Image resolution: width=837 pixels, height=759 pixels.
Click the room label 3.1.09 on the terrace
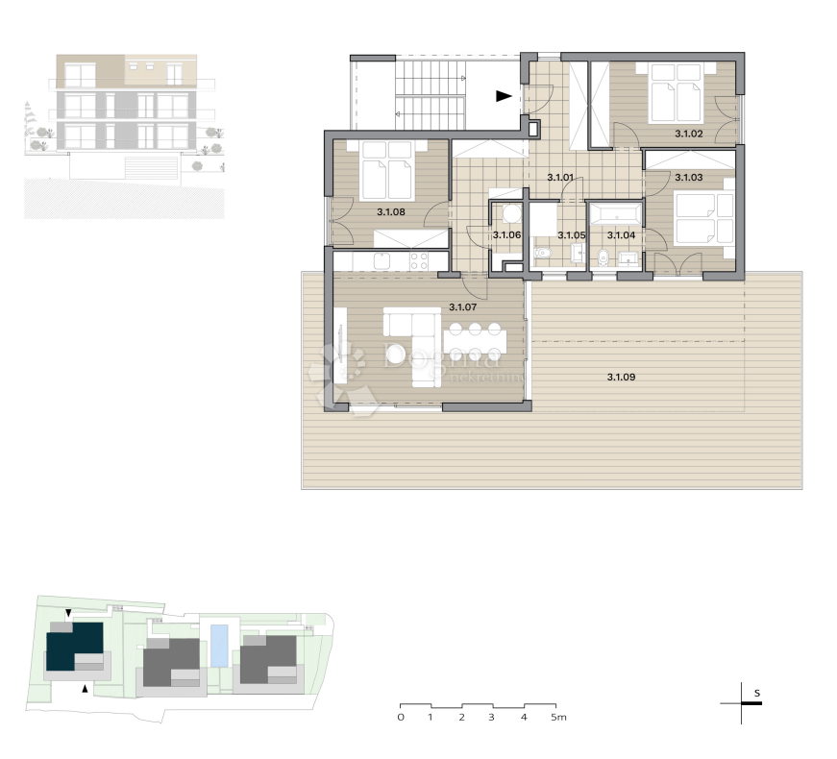pos(622,378)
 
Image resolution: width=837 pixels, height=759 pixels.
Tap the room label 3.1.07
pos(463,307)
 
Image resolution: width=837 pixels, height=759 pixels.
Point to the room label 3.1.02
pos(690,135)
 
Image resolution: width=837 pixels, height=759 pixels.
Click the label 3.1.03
pos(690,178)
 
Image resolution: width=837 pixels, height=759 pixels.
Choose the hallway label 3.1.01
pos(560,178)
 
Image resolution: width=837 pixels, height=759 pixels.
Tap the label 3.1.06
pos(506,234)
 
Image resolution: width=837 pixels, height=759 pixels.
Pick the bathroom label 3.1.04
pos(622,234)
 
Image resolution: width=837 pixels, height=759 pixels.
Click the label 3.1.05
pos(572,234)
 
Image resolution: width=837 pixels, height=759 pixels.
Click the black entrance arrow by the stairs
pos(504,95)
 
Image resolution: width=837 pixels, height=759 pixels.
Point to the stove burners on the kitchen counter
pos(420,259)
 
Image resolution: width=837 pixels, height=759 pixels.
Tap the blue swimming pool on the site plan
pos(220,646)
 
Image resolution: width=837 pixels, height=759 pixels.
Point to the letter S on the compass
pos(757,692)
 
